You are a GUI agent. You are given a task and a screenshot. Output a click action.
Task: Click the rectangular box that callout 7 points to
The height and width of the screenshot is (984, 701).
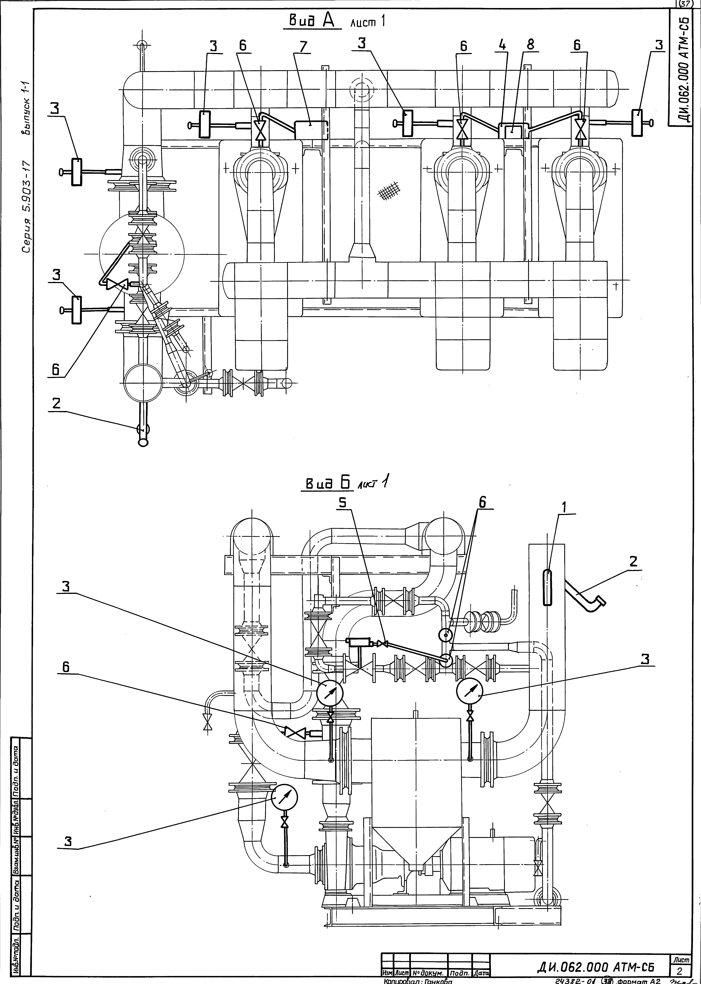coord(310,129)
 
